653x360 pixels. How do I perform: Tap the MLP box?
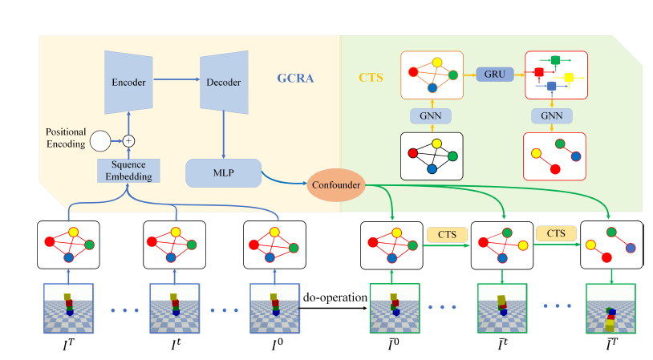pyautogui.click(x=223, y=172)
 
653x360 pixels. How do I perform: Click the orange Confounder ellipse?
pyautogui.click(x=335, y=185)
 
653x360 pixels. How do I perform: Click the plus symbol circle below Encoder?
pyautogui.click(x=126, y=140)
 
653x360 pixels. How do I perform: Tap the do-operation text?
pyautogui.click(x=335, y=298)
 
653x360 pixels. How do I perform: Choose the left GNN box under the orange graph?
pyautogui.click(x=433, y=115)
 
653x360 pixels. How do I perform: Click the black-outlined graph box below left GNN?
pyautogui.click(x=433, y=155)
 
